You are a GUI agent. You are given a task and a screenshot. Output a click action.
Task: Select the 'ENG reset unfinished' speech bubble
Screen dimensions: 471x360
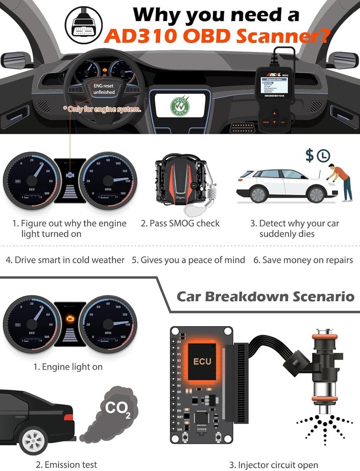point(104,89)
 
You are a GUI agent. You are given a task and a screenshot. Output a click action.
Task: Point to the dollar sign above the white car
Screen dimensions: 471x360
point(309,156)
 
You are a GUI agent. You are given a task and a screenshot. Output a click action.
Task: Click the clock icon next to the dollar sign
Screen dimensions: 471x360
point(323,156)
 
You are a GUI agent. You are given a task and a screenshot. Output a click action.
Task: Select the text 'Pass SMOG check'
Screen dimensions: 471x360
point(180,223)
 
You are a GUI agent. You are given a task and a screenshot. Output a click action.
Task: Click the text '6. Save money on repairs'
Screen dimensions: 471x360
point(303,260)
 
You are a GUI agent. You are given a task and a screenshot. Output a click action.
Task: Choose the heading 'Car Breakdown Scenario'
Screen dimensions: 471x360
point(265,296)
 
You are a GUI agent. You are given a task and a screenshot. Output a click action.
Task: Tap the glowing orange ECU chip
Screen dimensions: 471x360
point(202,361)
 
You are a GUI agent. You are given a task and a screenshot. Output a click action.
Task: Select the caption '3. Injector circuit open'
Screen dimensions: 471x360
point(273,465)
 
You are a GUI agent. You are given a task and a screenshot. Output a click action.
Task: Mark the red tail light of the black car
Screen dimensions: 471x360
point(68,417)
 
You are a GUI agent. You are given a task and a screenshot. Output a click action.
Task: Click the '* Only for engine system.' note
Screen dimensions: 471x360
point(102,109)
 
